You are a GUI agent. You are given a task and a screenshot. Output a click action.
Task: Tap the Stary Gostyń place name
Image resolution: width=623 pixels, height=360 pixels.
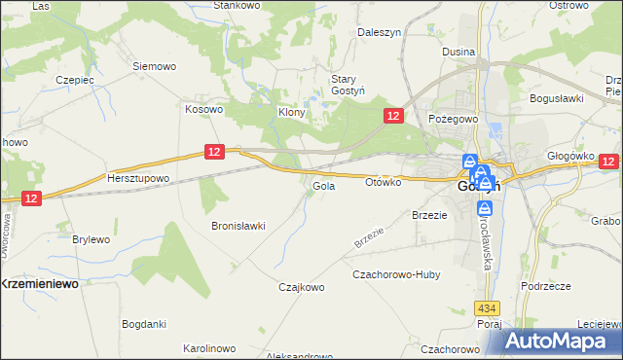[x=345, y=85]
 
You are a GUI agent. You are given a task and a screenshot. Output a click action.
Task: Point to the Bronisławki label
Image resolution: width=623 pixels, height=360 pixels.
[x=238, y=226]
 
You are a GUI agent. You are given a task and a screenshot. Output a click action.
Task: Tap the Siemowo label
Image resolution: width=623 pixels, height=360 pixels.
[x=154, y=66]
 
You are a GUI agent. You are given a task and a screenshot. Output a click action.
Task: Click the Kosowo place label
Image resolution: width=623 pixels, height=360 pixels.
[x=204, y=109]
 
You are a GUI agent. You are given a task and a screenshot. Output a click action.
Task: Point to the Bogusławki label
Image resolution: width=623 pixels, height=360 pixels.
[x=555, y=98]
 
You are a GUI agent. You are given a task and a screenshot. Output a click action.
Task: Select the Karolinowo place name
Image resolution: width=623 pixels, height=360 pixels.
[x=209, y=347]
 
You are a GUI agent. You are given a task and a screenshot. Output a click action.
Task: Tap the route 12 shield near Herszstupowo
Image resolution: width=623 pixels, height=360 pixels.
[x=216, y=151]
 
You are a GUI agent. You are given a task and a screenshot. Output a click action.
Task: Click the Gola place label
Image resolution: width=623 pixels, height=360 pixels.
[x=324, y=185]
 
